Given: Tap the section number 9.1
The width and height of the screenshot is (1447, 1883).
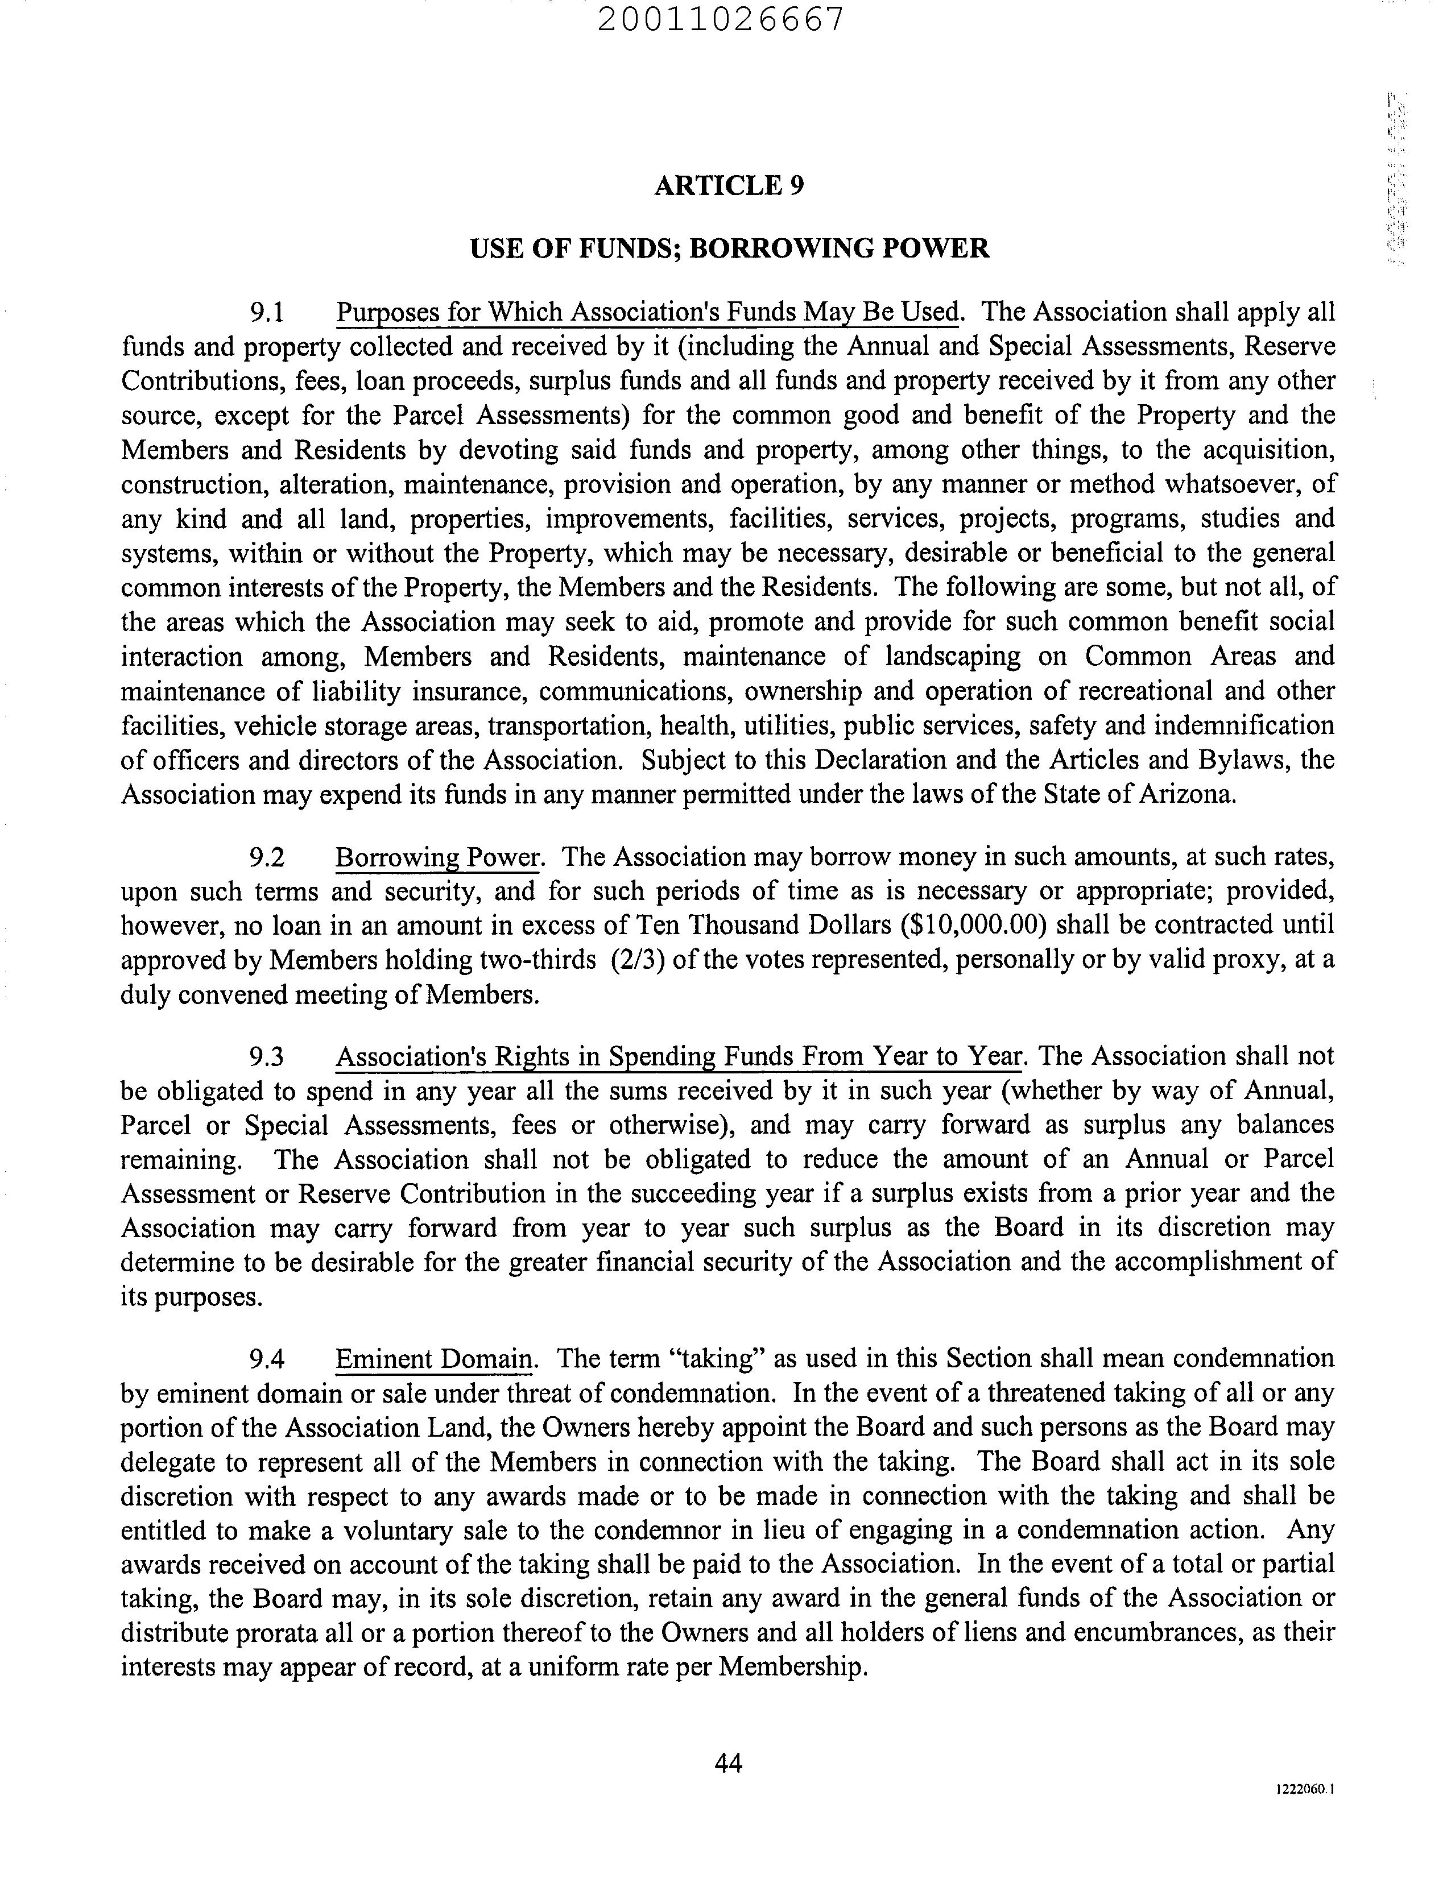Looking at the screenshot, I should point(266,313).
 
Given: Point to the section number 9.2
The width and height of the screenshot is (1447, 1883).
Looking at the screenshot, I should point(266,857).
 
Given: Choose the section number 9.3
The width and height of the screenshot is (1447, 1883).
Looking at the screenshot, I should point(266,1056).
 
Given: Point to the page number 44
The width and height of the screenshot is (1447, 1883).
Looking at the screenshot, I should point(728,1764).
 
